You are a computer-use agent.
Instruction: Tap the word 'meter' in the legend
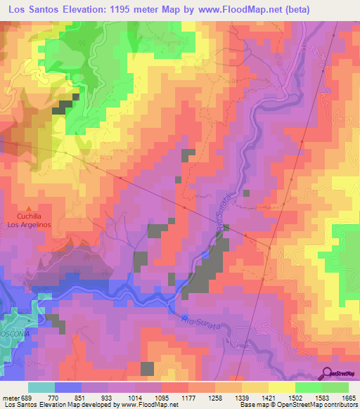coord(9,398)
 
